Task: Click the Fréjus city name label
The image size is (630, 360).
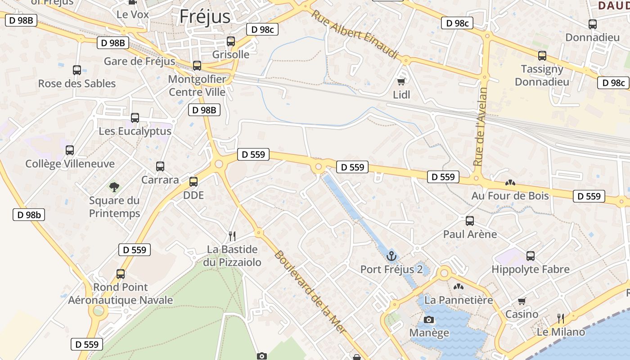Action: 205,17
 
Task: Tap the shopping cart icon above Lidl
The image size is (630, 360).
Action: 401,81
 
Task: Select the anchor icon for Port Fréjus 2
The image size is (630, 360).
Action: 391,256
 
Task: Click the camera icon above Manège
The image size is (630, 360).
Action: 429,319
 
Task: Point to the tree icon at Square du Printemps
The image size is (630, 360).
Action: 114,187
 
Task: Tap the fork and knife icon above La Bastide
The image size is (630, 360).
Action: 232,236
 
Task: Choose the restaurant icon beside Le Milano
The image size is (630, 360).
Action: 561,319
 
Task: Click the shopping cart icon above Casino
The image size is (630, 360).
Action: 522,301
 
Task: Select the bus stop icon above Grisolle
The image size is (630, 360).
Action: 231,41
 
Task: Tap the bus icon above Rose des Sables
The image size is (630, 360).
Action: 77,70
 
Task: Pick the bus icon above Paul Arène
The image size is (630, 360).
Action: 470,221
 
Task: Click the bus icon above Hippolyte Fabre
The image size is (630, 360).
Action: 531,256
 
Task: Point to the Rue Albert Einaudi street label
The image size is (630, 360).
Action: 355,34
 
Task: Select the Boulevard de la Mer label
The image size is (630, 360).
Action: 310,292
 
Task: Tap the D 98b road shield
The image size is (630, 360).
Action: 29,215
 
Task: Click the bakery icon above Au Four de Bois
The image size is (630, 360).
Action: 510,183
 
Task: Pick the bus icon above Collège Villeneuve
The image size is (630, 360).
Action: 70,150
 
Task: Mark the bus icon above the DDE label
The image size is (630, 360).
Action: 193,182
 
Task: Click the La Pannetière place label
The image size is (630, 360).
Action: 459,300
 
